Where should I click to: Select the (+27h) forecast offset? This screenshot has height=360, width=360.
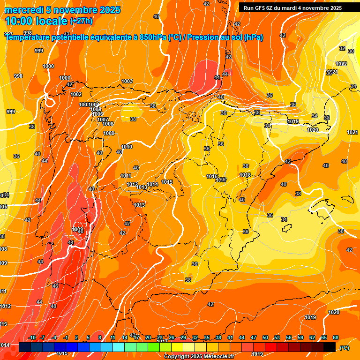pyautogui.click(x=81, y=21)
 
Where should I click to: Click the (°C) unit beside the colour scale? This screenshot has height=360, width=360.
pyautogui.click(x=345, y=348)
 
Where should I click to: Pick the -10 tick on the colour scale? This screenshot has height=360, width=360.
pyautogui.click(x=32, y=338)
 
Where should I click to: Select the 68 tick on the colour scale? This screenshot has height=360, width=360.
pyautogui.click(x=336, y=338)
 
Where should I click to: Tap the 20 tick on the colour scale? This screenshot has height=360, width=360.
pyautogui.click(x=148, y=338)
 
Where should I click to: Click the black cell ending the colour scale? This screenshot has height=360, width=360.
pyautogui.click(x=330, y=347)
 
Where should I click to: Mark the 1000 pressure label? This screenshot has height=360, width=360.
pyautogui.click(x=49, y=67)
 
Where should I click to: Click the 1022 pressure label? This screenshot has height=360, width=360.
pyautogui.click(x=341, y=64)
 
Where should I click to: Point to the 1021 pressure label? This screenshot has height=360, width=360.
pyautogui.click(x=352, y=133)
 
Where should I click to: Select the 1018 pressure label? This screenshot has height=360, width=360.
pyautogui.click(x=245, y=175)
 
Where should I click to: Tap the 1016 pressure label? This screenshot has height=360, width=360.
pyautogui.click(x=212, y=176)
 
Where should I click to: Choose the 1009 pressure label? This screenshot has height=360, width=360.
pyautogui.click(x=109, y=134)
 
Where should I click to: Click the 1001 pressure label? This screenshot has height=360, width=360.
pyautogui.click(x=65, y=78)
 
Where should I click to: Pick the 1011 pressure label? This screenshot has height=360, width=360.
pyautogui.click(x=126, y=176)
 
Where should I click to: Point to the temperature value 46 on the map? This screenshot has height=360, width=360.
pyautogui.click(x=55, y=286)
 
